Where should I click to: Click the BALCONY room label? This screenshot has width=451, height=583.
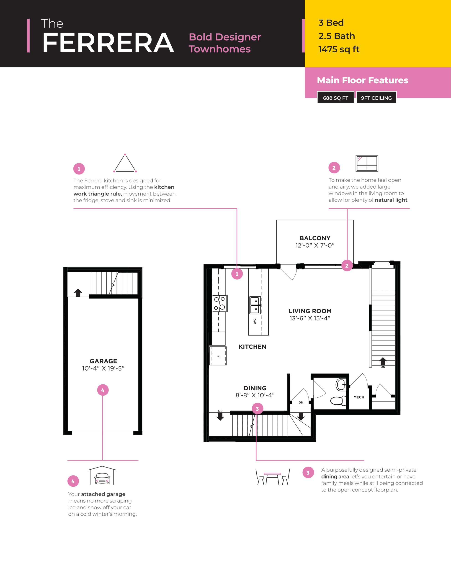pyautogui.click(x=315, y=238)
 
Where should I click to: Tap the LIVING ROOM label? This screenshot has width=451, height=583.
pyautogui.click(x=310, y=311)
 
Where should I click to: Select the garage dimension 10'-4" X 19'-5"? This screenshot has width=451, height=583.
pyautogui.click(x=103, y=368)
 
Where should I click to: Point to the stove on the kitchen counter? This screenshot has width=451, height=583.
pyautogui.click(x=220, y=304)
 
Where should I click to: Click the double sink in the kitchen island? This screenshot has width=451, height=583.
pyautogui.click(x=255, y=305)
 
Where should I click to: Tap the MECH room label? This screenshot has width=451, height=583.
pyautogui.click(x=359, y=397)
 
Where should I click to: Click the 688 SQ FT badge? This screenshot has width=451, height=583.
pyautogui.click(x=336, y=98)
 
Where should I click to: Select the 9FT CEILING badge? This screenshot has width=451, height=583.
pyautogui.click(x=376, y=98)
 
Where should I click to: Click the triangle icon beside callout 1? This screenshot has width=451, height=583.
pyautogui.click(x=125, y=163)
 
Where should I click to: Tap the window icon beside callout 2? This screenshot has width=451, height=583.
pyautogui.click(x=367, y=163)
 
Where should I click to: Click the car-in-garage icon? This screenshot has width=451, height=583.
pyautogui.click(x=102, y=476)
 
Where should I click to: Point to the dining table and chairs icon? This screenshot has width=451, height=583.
pyautogui.click(x=272, y=476)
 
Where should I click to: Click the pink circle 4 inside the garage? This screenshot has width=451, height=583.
pyautogui.click(x=103, y=390)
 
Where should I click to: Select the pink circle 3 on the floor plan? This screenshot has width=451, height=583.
pyautogui.click(x=257, y=409)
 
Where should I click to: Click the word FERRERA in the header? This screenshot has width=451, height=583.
pyautogui.click(x=108, y=43)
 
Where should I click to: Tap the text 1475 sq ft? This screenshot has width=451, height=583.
pyautogui.click(x=339, y=49)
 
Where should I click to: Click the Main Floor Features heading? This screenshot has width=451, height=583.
pyautogui.click(x=363, y=80)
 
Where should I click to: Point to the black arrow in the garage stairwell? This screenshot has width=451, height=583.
pyautogui.click(x=78, y=293)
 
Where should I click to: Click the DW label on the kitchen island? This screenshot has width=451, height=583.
pyautogui.click(x=255, y=321)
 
